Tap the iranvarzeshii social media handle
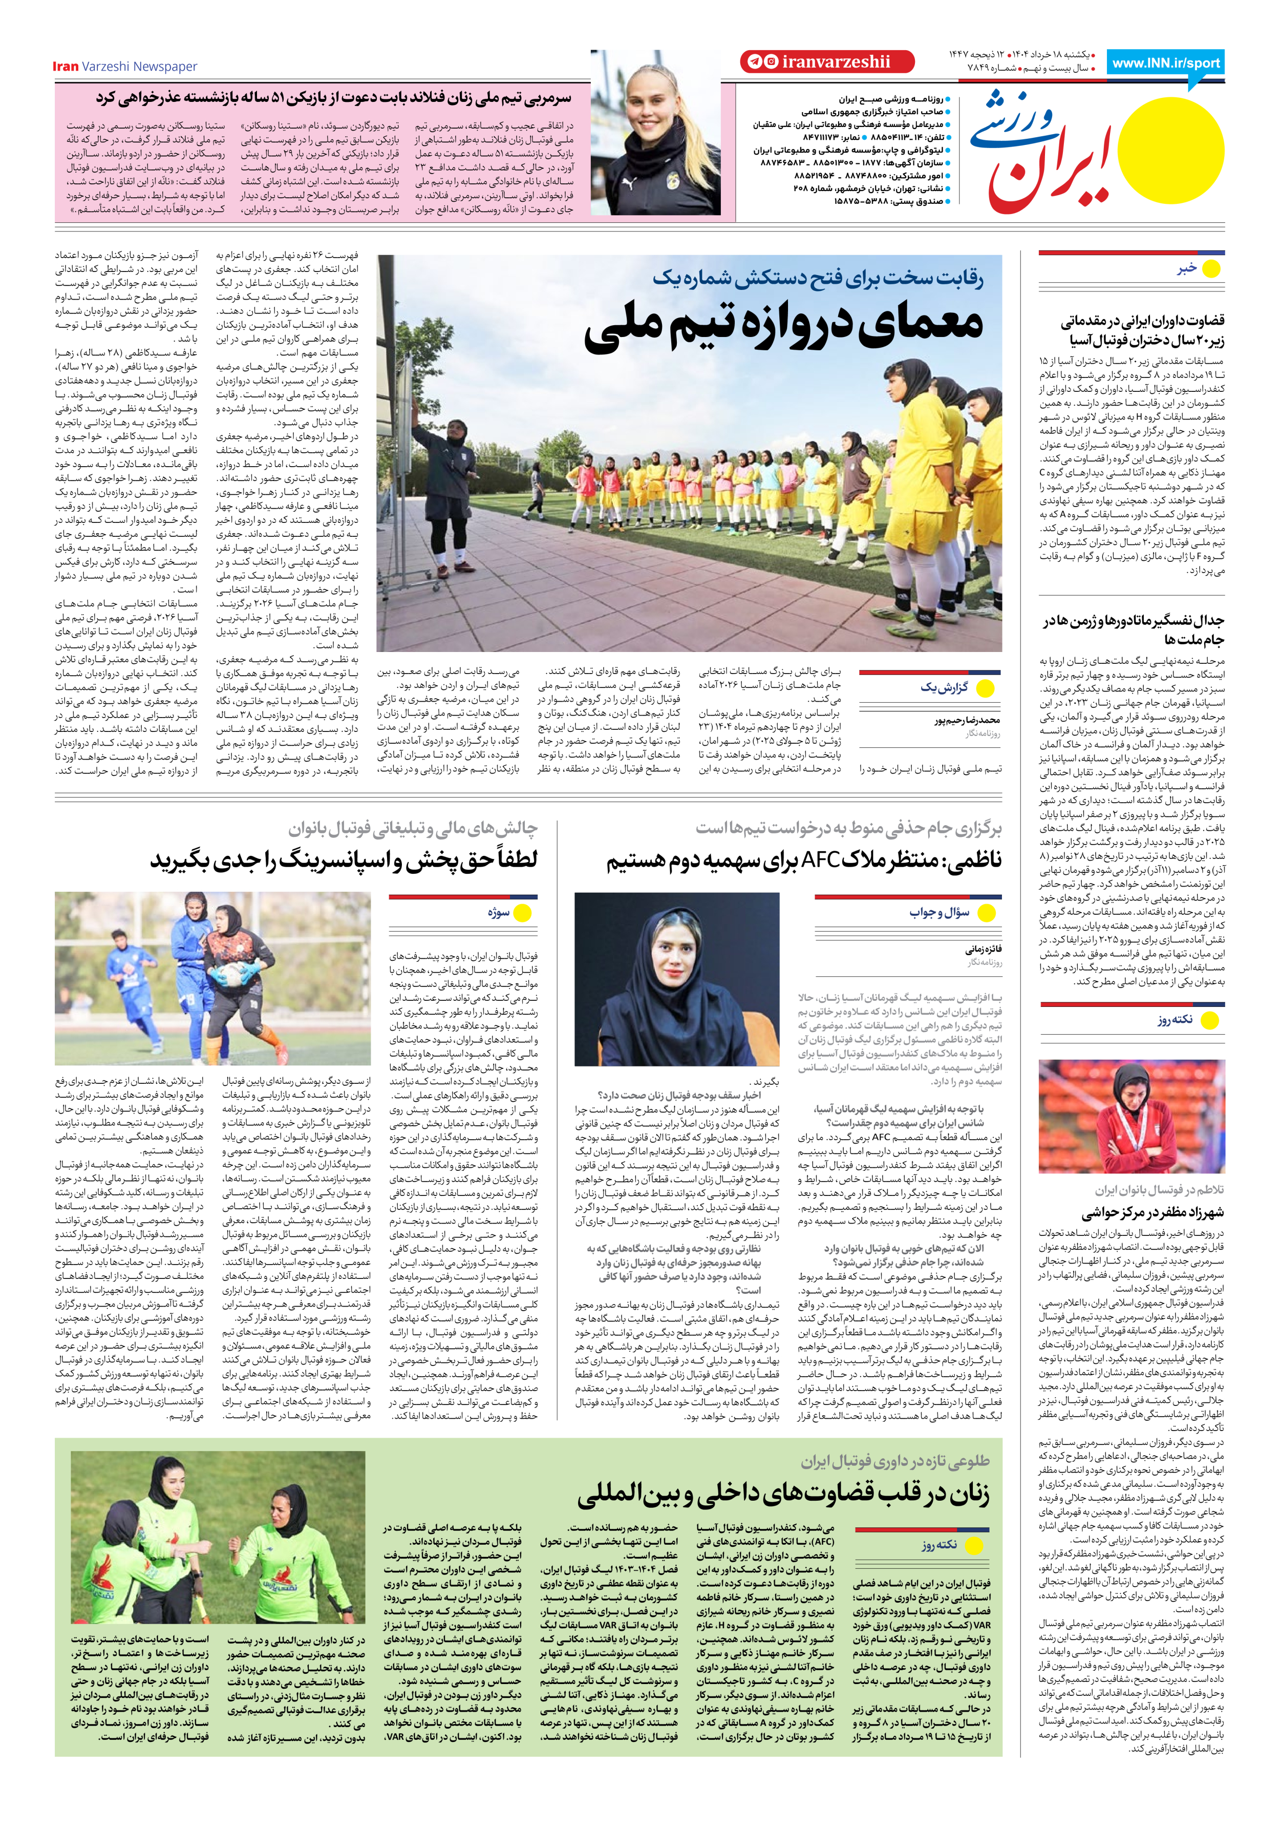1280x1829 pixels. pos(836,61)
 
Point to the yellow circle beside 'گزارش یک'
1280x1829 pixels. pos(985,688)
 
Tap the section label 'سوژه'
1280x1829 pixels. pos(499,913)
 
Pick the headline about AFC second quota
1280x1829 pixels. pos(804,861)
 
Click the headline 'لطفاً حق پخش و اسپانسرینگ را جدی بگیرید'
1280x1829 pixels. pos(344,861)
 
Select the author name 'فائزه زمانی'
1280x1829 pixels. pos(983,949)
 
